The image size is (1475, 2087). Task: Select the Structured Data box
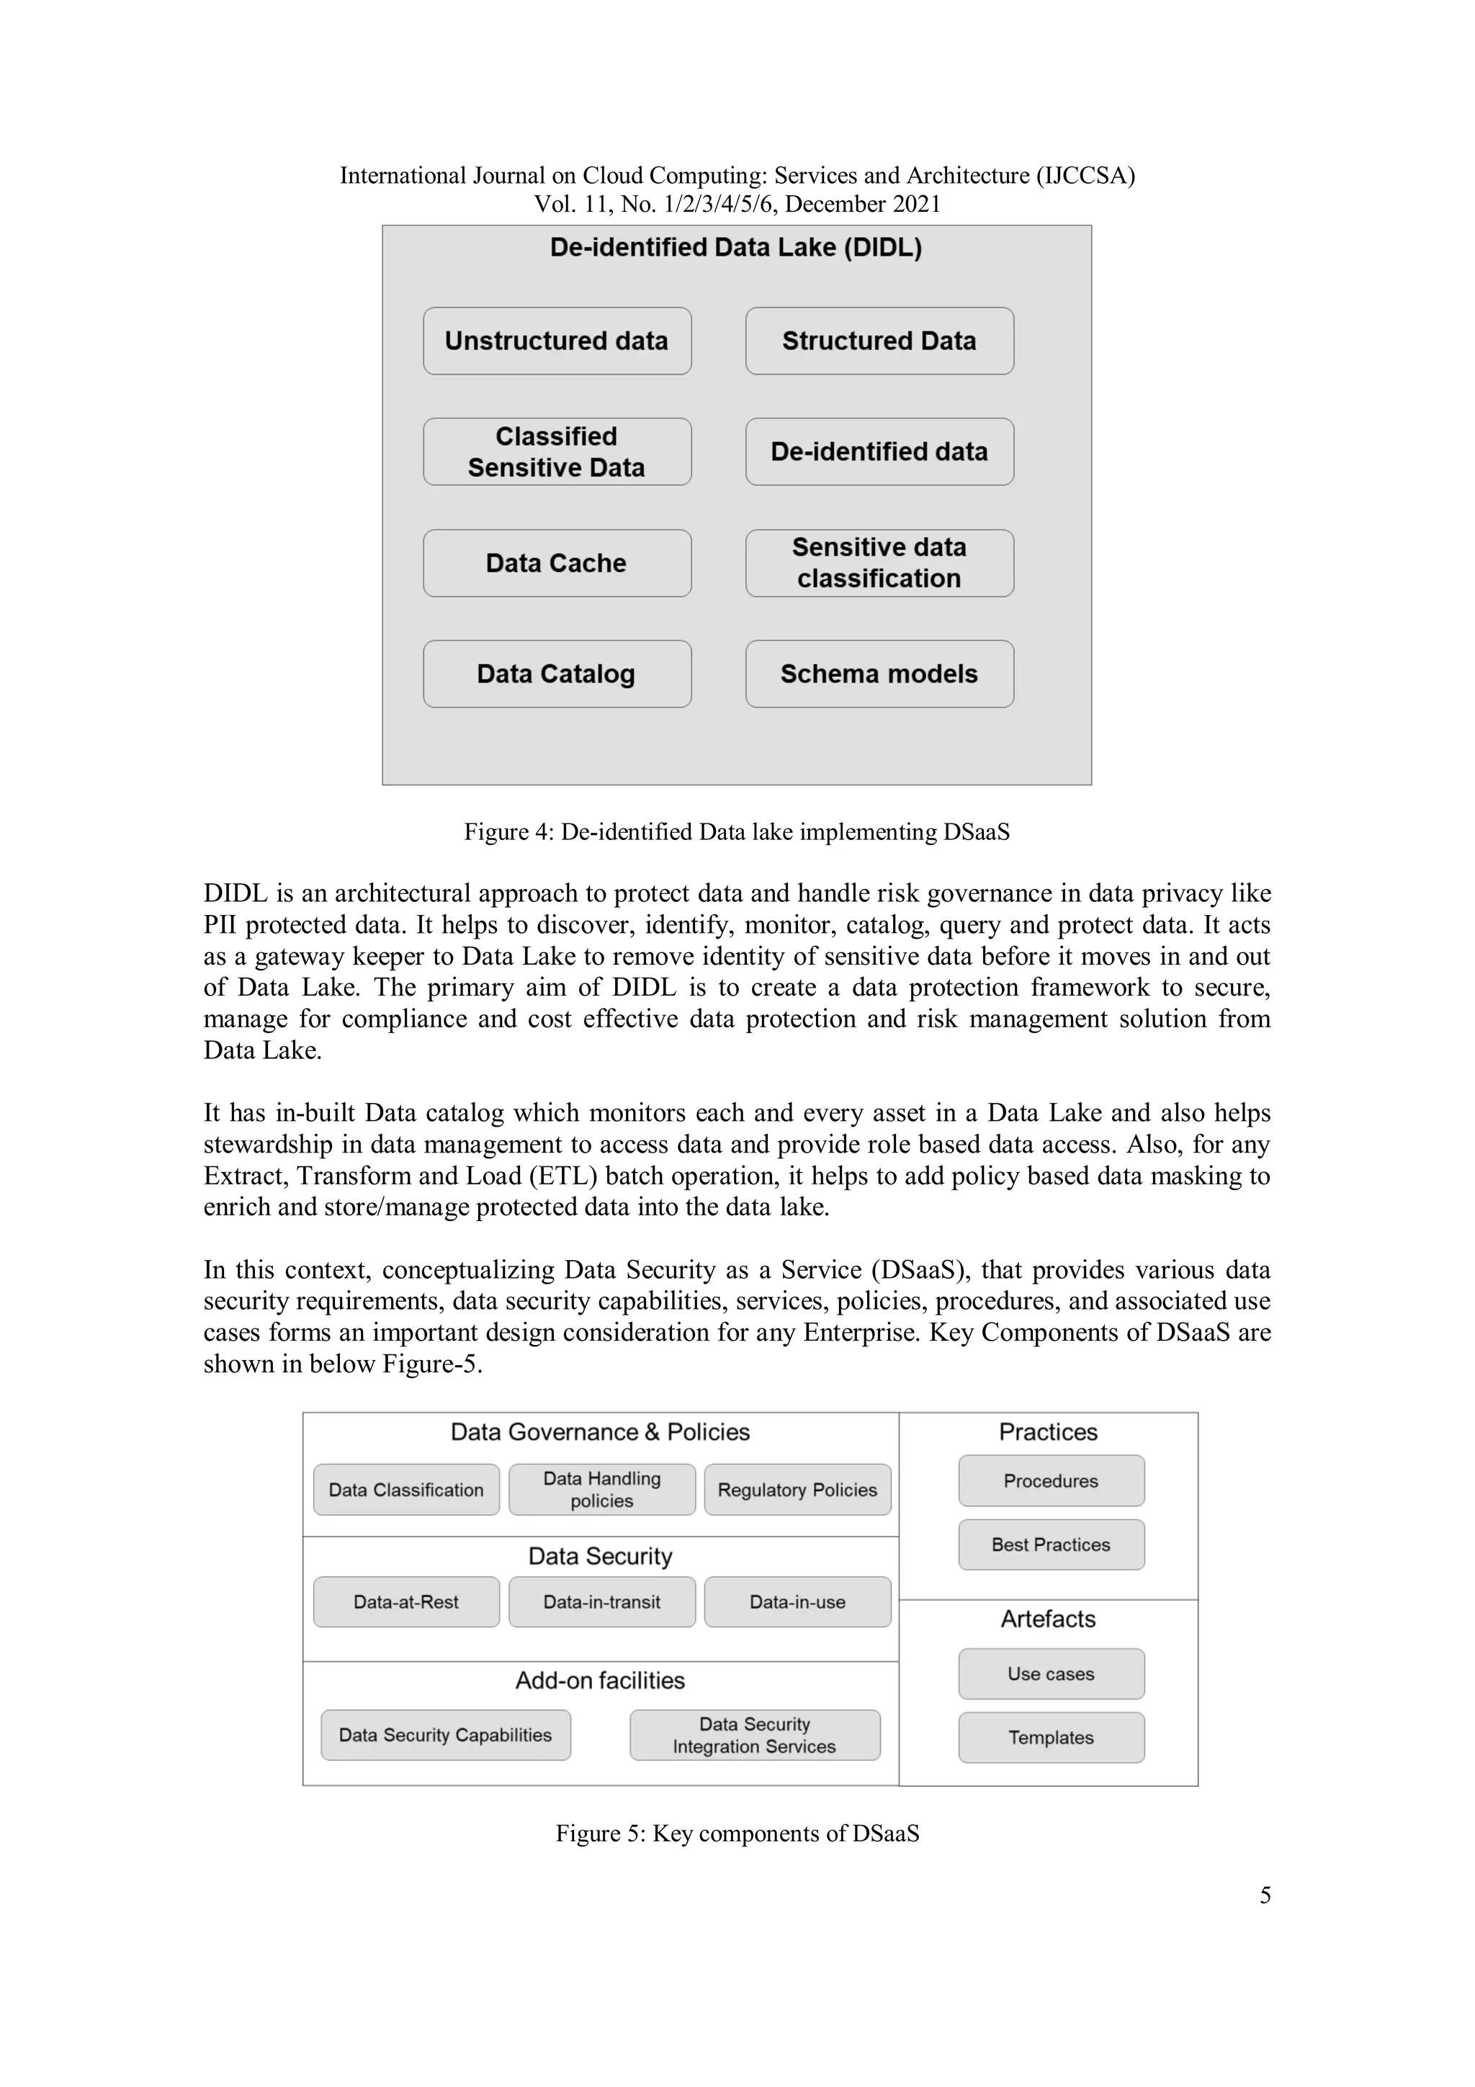[x=879, y=341]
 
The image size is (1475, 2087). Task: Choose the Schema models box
[x=879, y=674]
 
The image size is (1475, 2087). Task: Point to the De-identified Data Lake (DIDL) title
[x=735, y=247]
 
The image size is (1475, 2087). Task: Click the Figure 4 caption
[x=736, y=832]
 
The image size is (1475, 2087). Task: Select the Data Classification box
[x=406, y=1490]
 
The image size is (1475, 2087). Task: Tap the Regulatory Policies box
[x=797, y=1490]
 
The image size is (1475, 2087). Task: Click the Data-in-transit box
[x=601, y=1601]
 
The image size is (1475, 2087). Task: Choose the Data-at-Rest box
[x=406, y=1601]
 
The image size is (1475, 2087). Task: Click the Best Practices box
[x=1051, y=1545]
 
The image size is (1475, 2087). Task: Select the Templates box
[x=1051, y=1737]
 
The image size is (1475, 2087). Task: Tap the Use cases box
[x=1051, y=1673]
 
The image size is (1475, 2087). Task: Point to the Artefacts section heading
[x=1048, y=1619]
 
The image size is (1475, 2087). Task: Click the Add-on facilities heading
[x=600, y=1680]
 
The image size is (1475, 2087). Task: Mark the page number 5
[x=1265, y=1895]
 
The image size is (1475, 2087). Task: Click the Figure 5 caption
[x=737, y=1833]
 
